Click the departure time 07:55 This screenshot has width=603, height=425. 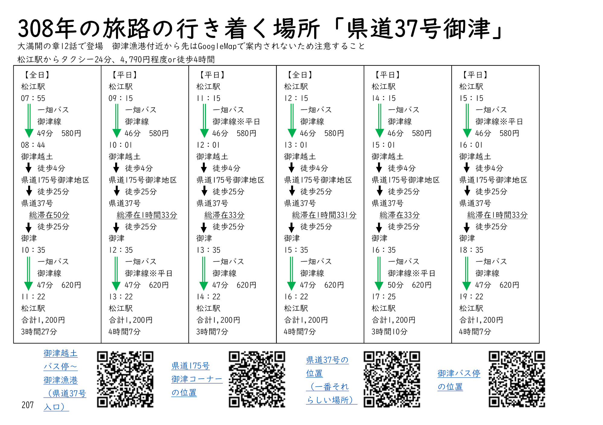click(x=33, y=98)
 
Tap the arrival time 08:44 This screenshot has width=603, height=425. click(x=33, y=145)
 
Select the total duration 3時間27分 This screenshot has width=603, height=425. click(x=39, y=332)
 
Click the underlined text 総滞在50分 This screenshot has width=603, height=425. click(x=49, y=215)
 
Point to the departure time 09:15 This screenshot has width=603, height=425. click(x=121, y=98)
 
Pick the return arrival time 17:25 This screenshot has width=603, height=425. click(x=384, y=297)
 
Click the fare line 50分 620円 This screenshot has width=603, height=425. click(x=409, y=285)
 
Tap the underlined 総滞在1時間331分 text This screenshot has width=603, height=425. click(x=324, y=215)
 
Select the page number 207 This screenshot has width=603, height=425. click(x=27, y=405)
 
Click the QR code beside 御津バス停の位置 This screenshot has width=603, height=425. click(x=517, y=379)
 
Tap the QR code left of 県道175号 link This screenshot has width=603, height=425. click(x=125, y=379)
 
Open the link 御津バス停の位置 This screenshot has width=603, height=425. click(x=459, y=380)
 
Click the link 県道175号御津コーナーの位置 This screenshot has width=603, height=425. click(x=197, y=379)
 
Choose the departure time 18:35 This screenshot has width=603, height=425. click(x=471, y=250)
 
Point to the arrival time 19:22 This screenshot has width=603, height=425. click(x=471, y=297)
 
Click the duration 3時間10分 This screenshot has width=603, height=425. click(x=390, y=332)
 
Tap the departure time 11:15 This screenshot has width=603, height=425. click(x=208, y=98)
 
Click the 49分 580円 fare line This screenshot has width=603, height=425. click(x=59, y=133)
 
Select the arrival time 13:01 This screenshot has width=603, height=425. click(x=296, y=145)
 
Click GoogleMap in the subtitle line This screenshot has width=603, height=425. click(x=217, y=46)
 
